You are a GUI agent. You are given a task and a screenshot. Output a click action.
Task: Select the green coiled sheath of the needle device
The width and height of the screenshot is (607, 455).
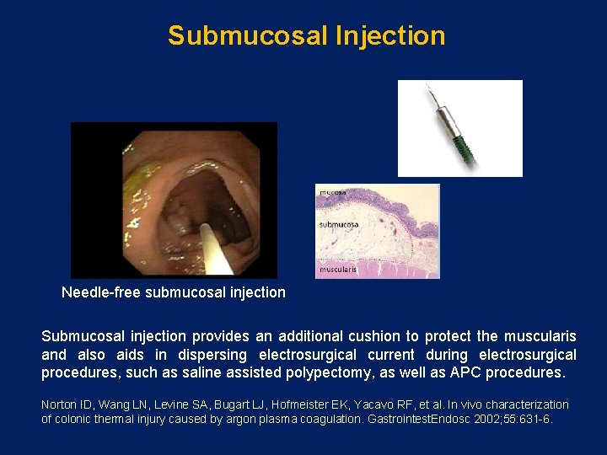pos(463,147)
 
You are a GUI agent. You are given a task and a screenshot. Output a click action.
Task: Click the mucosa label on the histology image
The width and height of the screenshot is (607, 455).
pos(332,192)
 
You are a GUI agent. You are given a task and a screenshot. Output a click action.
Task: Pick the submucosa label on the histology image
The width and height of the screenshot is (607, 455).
pos(339,225)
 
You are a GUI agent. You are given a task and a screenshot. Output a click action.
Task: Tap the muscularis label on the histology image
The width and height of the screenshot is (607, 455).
pos(338,270)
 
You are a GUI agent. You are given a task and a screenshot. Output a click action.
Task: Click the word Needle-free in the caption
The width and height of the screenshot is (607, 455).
pos(101,293)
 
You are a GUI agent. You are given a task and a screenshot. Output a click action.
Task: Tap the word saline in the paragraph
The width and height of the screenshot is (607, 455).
pos(254,372)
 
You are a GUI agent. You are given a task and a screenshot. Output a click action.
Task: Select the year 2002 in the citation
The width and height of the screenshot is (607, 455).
pos(470,419)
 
